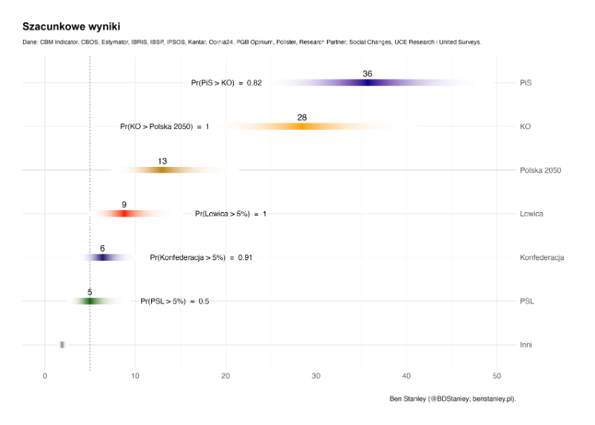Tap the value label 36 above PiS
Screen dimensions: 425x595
(x=368, y=74)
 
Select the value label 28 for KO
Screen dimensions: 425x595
(x=302, y=118)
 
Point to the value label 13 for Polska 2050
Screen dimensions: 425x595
(x=163, y=161)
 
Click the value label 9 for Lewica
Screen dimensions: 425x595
(x=124, y=205)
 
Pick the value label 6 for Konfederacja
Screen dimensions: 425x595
(x=103, y=248)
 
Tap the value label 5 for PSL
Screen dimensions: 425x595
(x=90, y=292)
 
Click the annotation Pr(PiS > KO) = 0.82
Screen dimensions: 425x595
(x=227, y=83)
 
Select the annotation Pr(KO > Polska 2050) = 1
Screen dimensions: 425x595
(x=165, y=127)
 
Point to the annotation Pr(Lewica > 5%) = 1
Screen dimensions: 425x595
(x=230, y=214)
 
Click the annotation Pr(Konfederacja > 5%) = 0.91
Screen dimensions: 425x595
(x=201, y=257)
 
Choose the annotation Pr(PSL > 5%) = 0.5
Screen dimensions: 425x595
(x=175, y=301)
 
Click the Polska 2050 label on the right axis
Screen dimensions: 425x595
(x=540, y=171)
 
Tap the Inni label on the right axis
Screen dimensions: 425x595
(x=526, y=345)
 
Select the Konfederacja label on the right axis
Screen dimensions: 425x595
(x=542, y=257)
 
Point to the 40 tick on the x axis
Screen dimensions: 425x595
(x=406, y=376)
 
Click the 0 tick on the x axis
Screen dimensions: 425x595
(x=45, y=376)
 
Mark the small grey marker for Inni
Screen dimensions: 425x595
(x=62, y=345)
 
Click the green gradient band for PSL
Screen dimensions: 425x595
(x=90, y=301)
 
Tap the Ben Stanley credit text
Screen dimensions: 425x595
(x=452, y=398)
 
